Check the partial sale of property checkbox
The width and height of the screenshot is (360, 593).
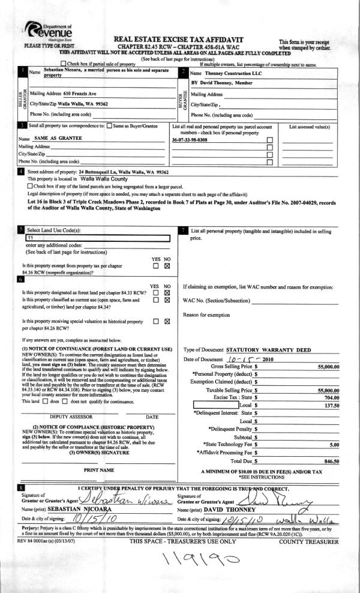pyautogui.click(x=64, y=64)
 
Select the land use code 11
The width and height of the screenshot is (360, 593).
pyautogui.click(x=30, y=238)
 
